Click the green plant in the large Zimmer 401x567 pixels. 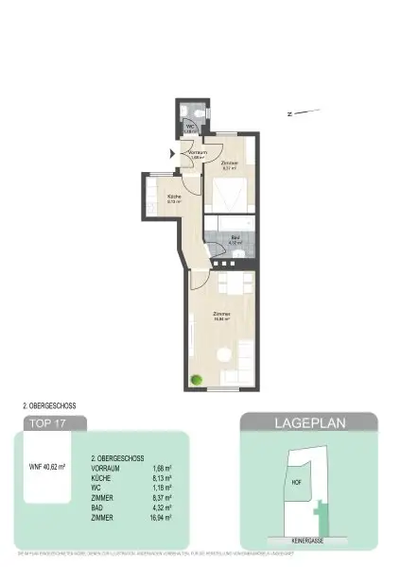click(x=196, y=380)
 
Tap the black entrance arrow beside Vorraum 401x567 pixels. click(x=171, y=152)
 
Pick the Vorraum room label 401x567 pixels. click(x=198, y=153)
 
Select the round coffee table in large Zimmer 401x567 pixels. click(x=224, y=353)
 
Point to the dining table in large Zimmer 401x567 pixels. click(x=233, y=283)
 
